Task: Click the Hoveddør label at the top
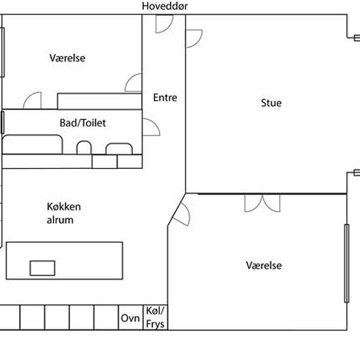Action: pyautogui.click(x=164, y=6)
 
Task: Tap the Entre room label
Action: pyautogui.click(x=165, y=98)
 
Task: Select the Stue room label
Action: pyautogui.click(x=271, y=103)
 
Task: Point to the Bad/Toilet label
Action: pyautogui.click(x=82, y=123)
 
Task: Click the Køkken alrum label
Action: pyautogui.click(x=63, y=213)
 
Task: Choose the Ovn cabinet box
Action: pyautogui.click(x=131, y=317)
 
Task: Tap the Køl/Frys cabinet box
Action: pyautogui.click(x=155, y=317)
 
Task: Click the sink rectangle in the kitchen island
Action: pyautogui.click(x=43, y=268)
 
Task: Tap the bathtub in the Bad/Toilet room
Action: pyautogui.click(x=32, y=145)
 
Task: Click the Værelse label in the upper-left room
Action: pyautogui.click(x=67, y=58)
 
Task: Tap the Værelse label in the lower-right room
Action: pyautogui.click(x=264, y=265)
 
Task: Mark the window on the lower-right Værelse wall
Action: pyautogui.click(x=347, y=263)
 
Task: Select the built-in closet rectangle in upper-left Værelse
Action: pyautogui.click(x=99, y=101)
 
